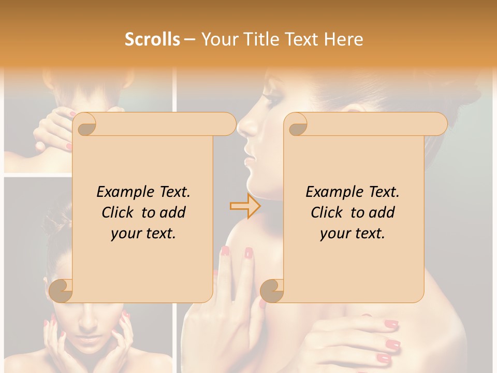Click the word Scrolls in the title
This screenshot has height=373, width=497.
coord(152,39)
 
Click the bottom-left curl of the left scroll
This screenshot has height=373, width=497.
coord(61,290)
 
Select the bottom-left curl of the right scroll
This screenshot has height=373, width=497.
coord(272,290)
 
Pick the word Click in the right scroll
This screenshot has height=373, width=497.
coord(326,212)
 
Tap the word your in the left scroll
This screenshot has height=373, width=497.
coord(125,234)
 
